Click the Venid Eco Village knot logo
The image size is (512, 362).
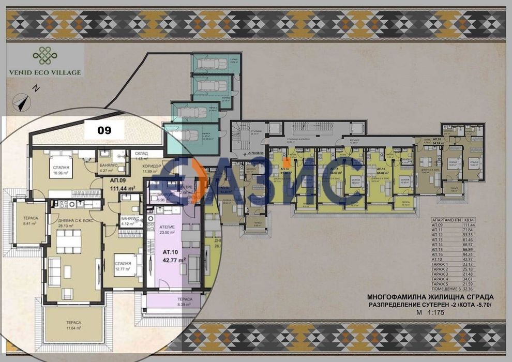(x=43, y=54)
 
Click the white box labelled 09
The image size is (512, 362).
(x=104, y=131)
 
